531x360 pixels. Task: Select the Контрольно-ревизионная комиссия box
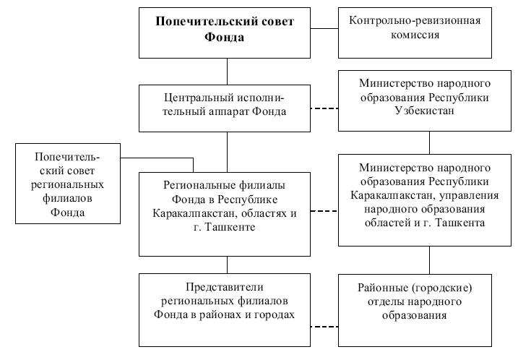(x=415, y=33)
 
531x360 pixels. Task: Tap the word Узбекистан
(x=425, y=111)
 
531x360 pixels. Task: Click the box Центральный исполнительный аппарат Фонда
(x=225, y=108)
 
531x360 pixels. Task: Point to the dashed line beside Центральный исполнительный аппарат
(x=324, y=108)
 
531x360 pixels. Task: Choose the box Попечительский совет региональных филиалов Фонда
(x=68, y=184)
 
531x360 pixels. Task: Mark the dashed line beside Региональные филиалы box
(x=324, y=211)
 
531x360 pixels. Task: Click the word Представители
(x=224, y=287)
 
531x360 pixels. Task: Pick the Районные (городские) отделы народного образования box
(x=415, y=310)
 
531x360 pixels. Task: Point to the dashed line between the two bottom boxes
(x=324, y=327)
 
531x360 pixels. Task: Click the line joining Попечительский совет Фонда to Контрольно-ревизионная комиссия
(x=324, y=28)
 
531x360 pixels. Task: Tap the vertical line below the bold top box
(x=227, y=72)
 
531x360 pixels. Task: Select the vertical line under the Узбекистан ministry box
(x=429, y=142)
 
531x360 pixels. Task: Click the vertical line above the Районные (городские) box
(x=429, y=260)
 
